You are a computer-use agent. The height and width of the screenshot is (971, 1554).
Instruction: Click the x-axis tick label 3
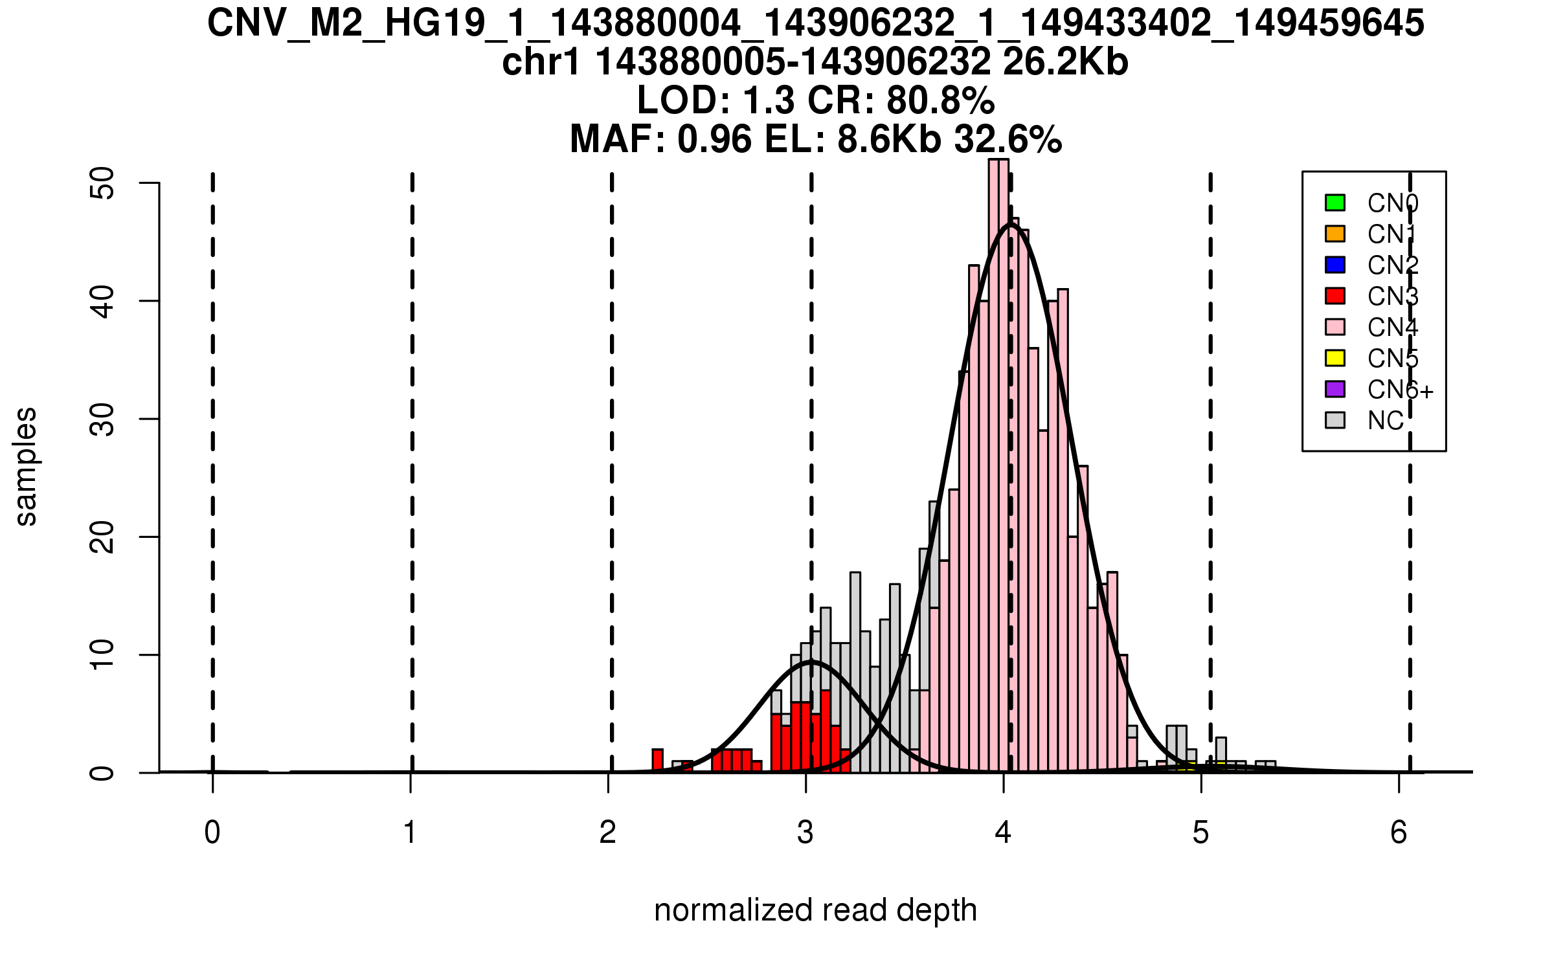tap(805, 832)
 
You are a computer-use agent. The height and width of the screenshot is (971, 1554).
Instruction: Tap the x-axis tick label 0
tap(212, 832)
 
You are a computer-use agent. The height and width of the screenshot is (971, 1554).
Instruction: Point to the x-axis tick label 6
tap(1399, 832)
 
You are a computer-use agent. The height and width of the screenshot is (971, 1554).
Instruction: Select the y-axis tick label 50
tap(102, 183)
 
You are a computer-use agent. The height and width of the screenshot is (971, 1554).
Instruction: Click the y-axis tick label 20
tap(102, 537)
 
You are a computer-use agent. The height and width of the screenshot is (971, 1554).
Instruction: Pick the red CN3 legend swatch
tap(1335, 296)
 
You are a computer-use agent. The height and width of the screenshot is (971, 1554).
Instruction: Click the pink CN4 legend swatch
tap(1335, 327)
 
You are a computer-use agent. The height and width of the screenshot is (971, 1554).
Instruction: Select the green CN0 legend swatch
tap(1335, 203)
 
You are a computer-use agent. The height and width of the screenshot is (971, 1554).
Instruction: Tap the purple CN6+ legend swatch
tap(1335, 389)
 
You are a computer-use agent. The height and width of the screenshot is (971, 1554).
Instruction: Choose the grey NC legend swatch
tap(1335, 420)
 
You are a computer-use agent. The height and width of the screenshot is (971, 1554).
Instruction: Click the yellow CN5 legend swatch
tap(1335, 358)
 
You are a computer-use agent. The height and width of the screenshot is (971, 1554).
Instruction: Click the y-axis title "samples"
tap(26, 466)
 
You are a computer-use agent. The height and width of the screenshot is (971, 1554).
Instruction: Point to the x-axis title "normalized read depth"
tap(815, 910)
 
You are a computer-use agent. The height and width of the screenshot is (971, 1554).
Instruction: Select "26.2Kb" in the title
tap(1065, 62)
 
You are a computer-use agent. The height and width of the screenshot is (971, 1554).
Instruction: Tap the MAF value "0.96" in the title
tap(715, 139)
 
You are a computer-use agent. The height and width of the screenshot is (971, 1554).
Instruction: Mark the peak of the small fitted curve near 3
tap(811, 662)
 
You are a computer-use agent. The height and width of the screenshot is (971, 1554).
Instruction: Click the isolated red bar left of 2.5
tap(657, 760)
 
